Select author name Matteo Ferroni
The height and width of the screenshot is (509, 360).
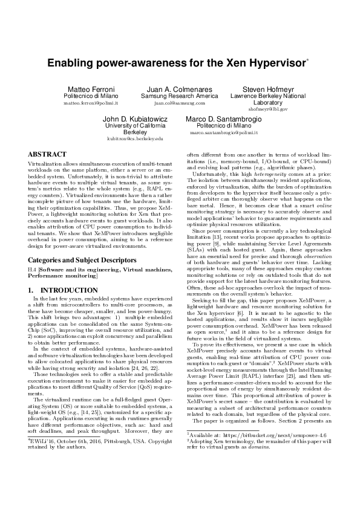(x=91, y=89)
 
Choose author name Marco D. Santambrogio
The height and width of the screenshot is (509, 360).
(x=224, y=119)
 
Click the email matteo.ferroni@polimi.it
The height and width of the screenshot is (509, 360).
(x=91, y=103)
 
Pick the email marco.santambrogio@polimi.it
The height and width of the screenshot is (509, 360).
(x=224, y=132)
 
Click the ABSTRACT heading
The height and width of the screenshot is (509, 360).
(x=47, y=155)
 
